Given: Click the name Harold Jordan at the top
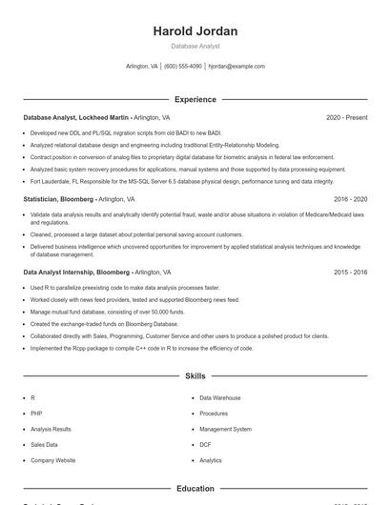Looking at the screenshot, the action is point(195,31).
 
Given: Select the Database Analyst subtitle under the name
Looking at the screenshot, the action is point(195,46).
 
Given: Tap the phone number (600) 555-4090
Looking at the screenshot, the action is point(182,67).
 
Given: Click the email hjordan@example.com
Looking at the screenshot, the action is point(237,67).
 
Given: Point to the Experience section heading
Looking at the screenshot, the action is point(195,99).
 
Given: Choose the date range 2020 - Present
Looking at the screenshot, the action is point(346,117).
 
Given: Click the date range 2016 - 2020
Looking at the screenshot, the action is point(350,199).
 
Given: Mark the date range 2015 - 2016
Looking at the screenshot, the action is point(350,272).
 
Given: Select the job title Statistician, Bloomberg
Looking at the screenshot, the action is point(58,199).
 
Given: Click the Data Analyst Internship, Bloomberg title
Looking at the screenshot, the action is point(76,272).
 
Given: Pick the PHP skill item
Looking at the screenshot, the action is point(37,414).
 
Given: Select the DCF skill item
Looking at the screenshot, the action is point(205,444).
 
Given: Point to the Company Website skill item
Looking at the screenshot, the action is point(52,460).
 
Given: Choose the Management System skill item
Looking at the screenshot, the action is point(225,429).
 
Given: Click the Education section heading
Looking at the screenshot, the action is point(195,488).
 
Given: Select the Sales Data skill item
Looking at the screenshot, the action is point(44,444).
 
